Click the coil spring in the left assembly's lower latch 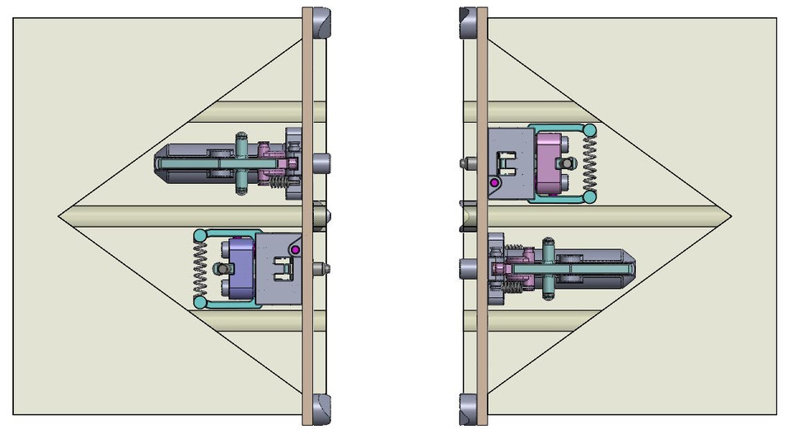pyautogui.click(x=199, y=269)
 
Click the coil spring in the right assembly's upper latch pyautogui.click(x=589, y=164)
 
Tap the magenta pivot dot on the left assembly pyautogui.click(x=295, y=249)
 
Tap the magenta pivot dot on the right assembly pyautogui.click(x=494, y=182)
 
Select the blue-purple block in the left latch pyautogui.click(x=242, y=268)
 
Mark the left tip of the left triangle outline pyautogui.click(x=59, y=216)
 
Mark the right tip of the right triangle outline pyautogui.click(x=732, y=216)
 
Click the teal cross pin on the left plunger pyautogui.click(x=241, y=163)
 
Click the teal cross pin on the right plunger pyautogui.click(x=548, y=270)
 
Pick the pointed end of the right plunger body pyautogui.click(x=633, y=266)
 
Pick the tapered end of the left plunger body pyautogui.click(x=157, y=163)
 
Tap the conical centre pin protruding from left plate pyautogui.click(x=329, y=215)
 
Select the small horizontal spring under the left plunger pyautogui.click(x=281, y=182)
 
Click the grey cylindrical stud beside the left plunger pyautogui.click(x=321, y=163)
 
